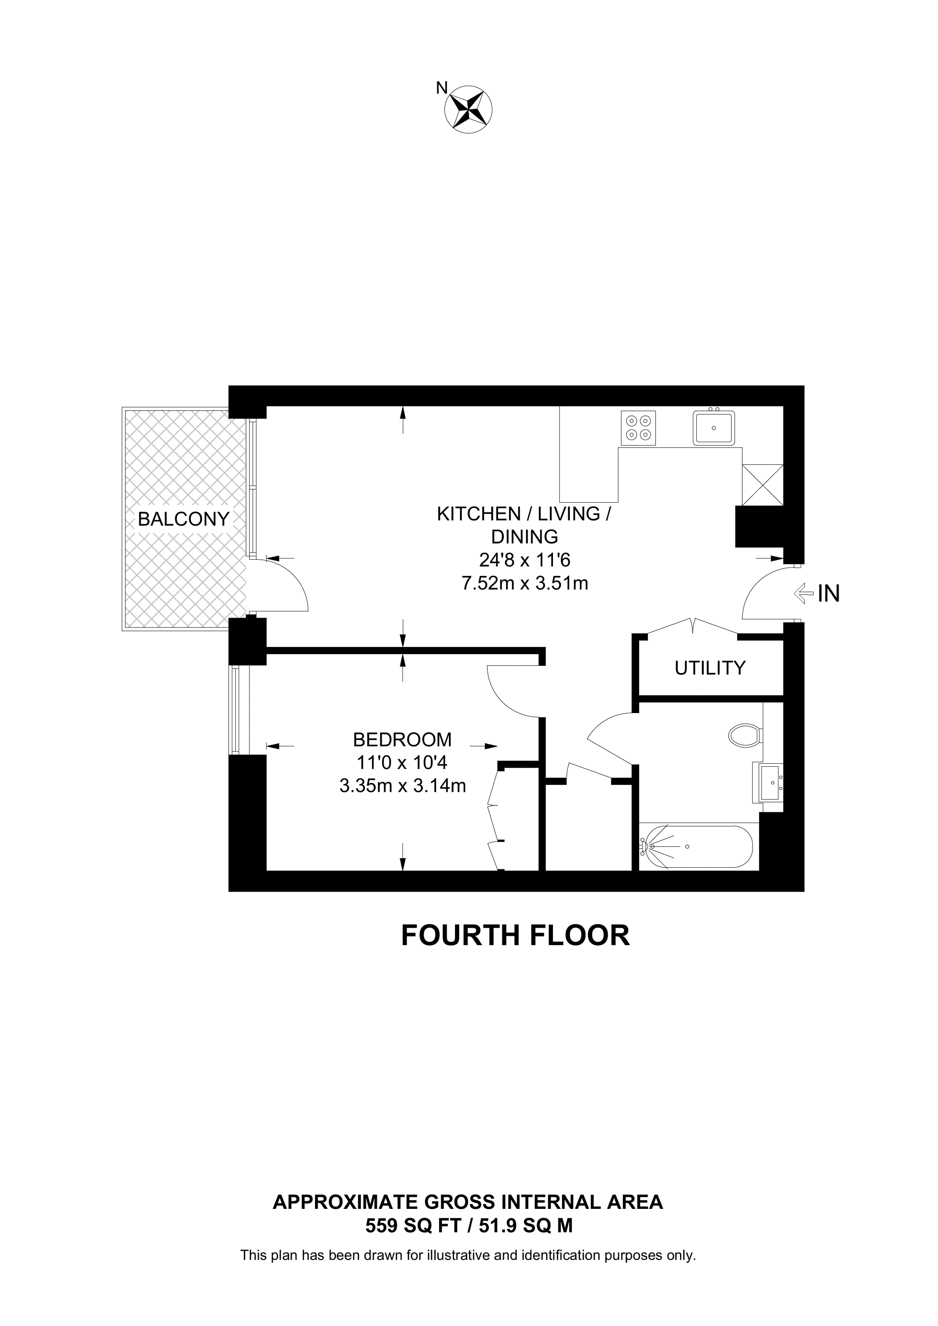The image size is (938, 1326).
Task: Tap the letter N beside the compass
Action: pyautogui.click(x=442, y=88)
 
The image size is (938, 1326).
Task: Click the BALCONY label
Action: pyautogui.click(x=184, y=519)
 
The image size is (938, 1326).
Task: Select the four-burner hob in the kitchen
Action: pyautogui.click(x=639, y=428)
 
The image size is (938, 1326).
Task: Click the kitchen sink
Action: pyautogui.click(x=714, y=427)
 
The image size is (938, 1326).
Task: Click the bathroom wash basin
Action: pyautogui.click(x=770, y=782)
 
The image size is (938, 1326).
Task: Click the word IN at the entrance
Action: pyautogui.click(x=829, y=594)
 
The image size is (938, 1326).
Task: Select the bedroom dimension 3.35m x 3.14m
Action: pyautogui.click(x=403, y=786)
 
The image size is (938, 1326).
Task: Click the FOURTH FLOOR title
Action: pyautogui.click(x=515, y=935)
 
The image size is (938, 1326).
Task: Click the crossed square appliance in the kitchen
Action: pyautogui.click(x=762, y=485)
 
